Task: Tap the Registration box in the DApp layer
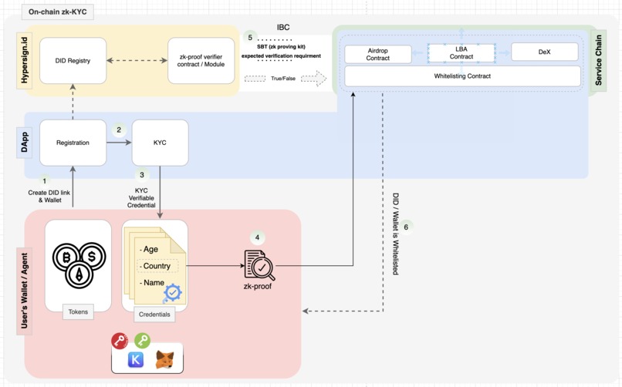[73, 143]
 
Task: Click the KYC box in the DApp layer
[160, 143]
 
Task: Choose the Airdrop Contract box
[378, 53]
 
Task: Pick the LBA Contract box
[461, 52]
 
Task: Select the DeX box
[544, 52]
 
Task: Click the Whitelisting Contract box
[462, 76]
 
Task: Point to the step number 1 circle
[45, 180]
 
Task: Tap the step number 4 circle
[257, 237]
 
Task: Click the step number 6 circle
[406, 226]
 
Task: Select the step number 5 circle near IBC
[249, 37]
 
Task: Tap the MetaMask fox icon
[164, 359]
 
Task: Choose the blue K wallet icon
[135, 360]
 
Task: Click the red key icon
[119, 342]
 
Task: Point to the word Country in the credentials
[157, 266]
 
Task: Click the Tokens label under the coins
[78, 312]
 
